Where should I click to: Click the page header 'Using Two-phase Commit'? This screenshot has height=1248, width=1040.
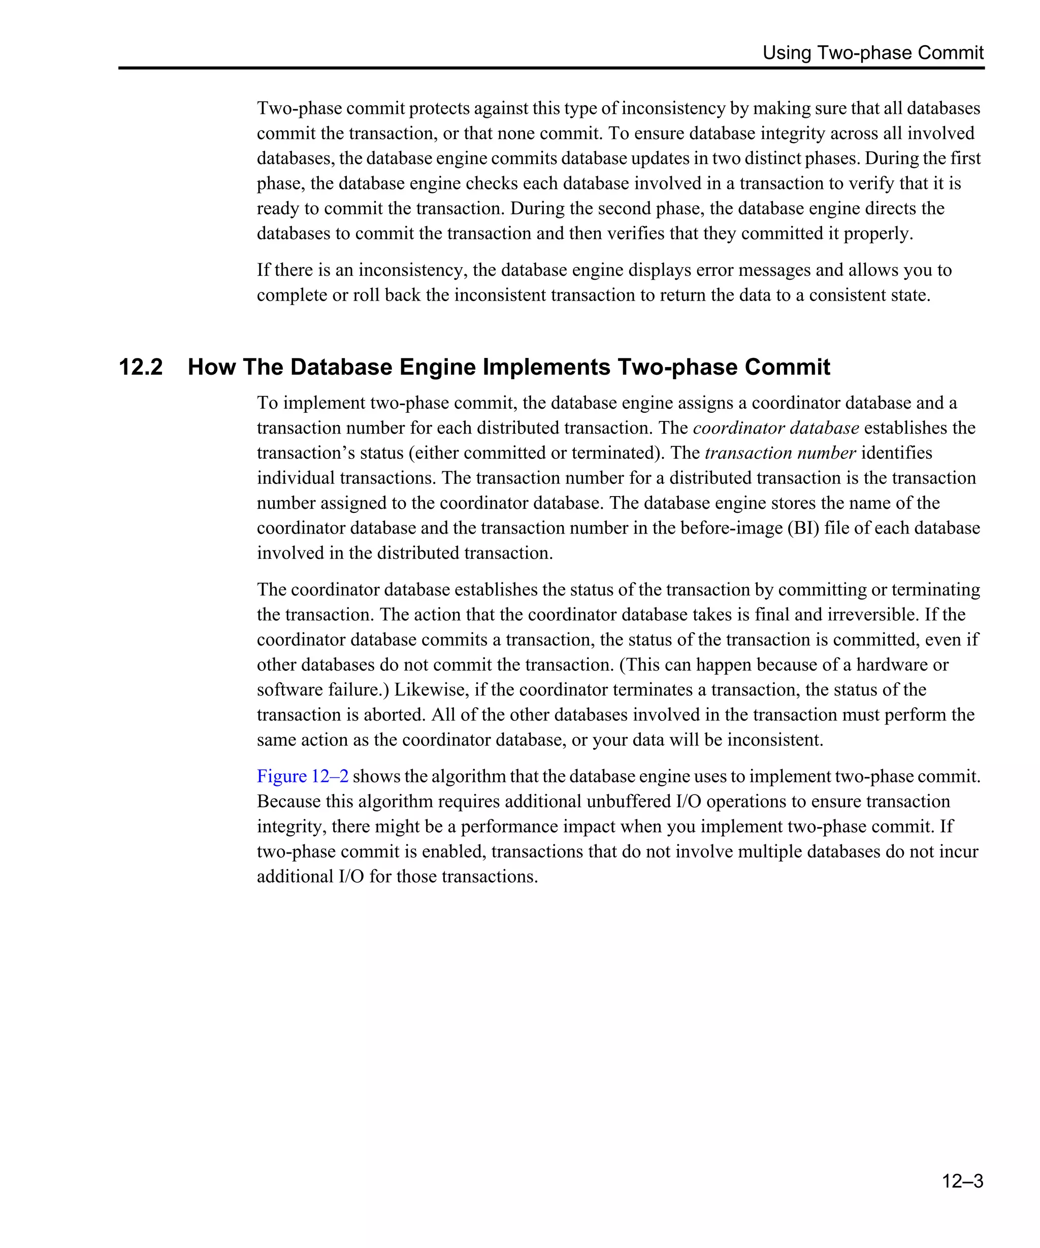[872, 53]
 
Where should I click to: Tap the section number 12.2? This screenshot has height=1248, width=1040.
[141, 367]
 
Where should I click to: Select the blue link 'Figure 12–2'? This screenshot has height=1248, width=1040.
[303, 776]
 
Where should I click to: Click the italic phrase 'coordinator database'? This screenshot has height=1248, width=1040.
[775, 428]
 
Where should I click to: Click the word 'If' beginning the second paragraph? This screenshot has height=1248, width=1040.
[263, 270]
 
